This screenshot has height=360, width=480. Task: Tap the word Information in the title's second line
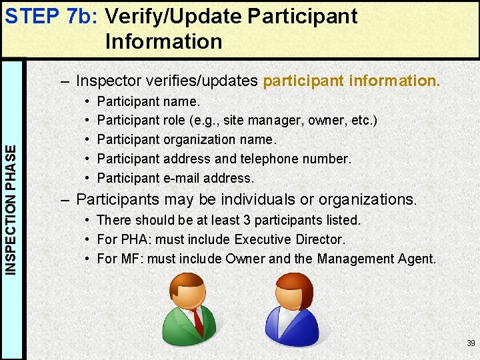(163, 41)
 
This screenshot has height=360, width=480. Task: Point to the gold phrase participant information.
(351, 81)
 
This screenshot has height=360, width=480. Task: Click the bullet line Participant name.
(148, 102)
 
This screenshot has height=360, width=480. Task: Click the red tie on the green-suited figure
(197, 320)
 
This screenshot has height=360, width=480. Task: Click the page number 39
(471, 343)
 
